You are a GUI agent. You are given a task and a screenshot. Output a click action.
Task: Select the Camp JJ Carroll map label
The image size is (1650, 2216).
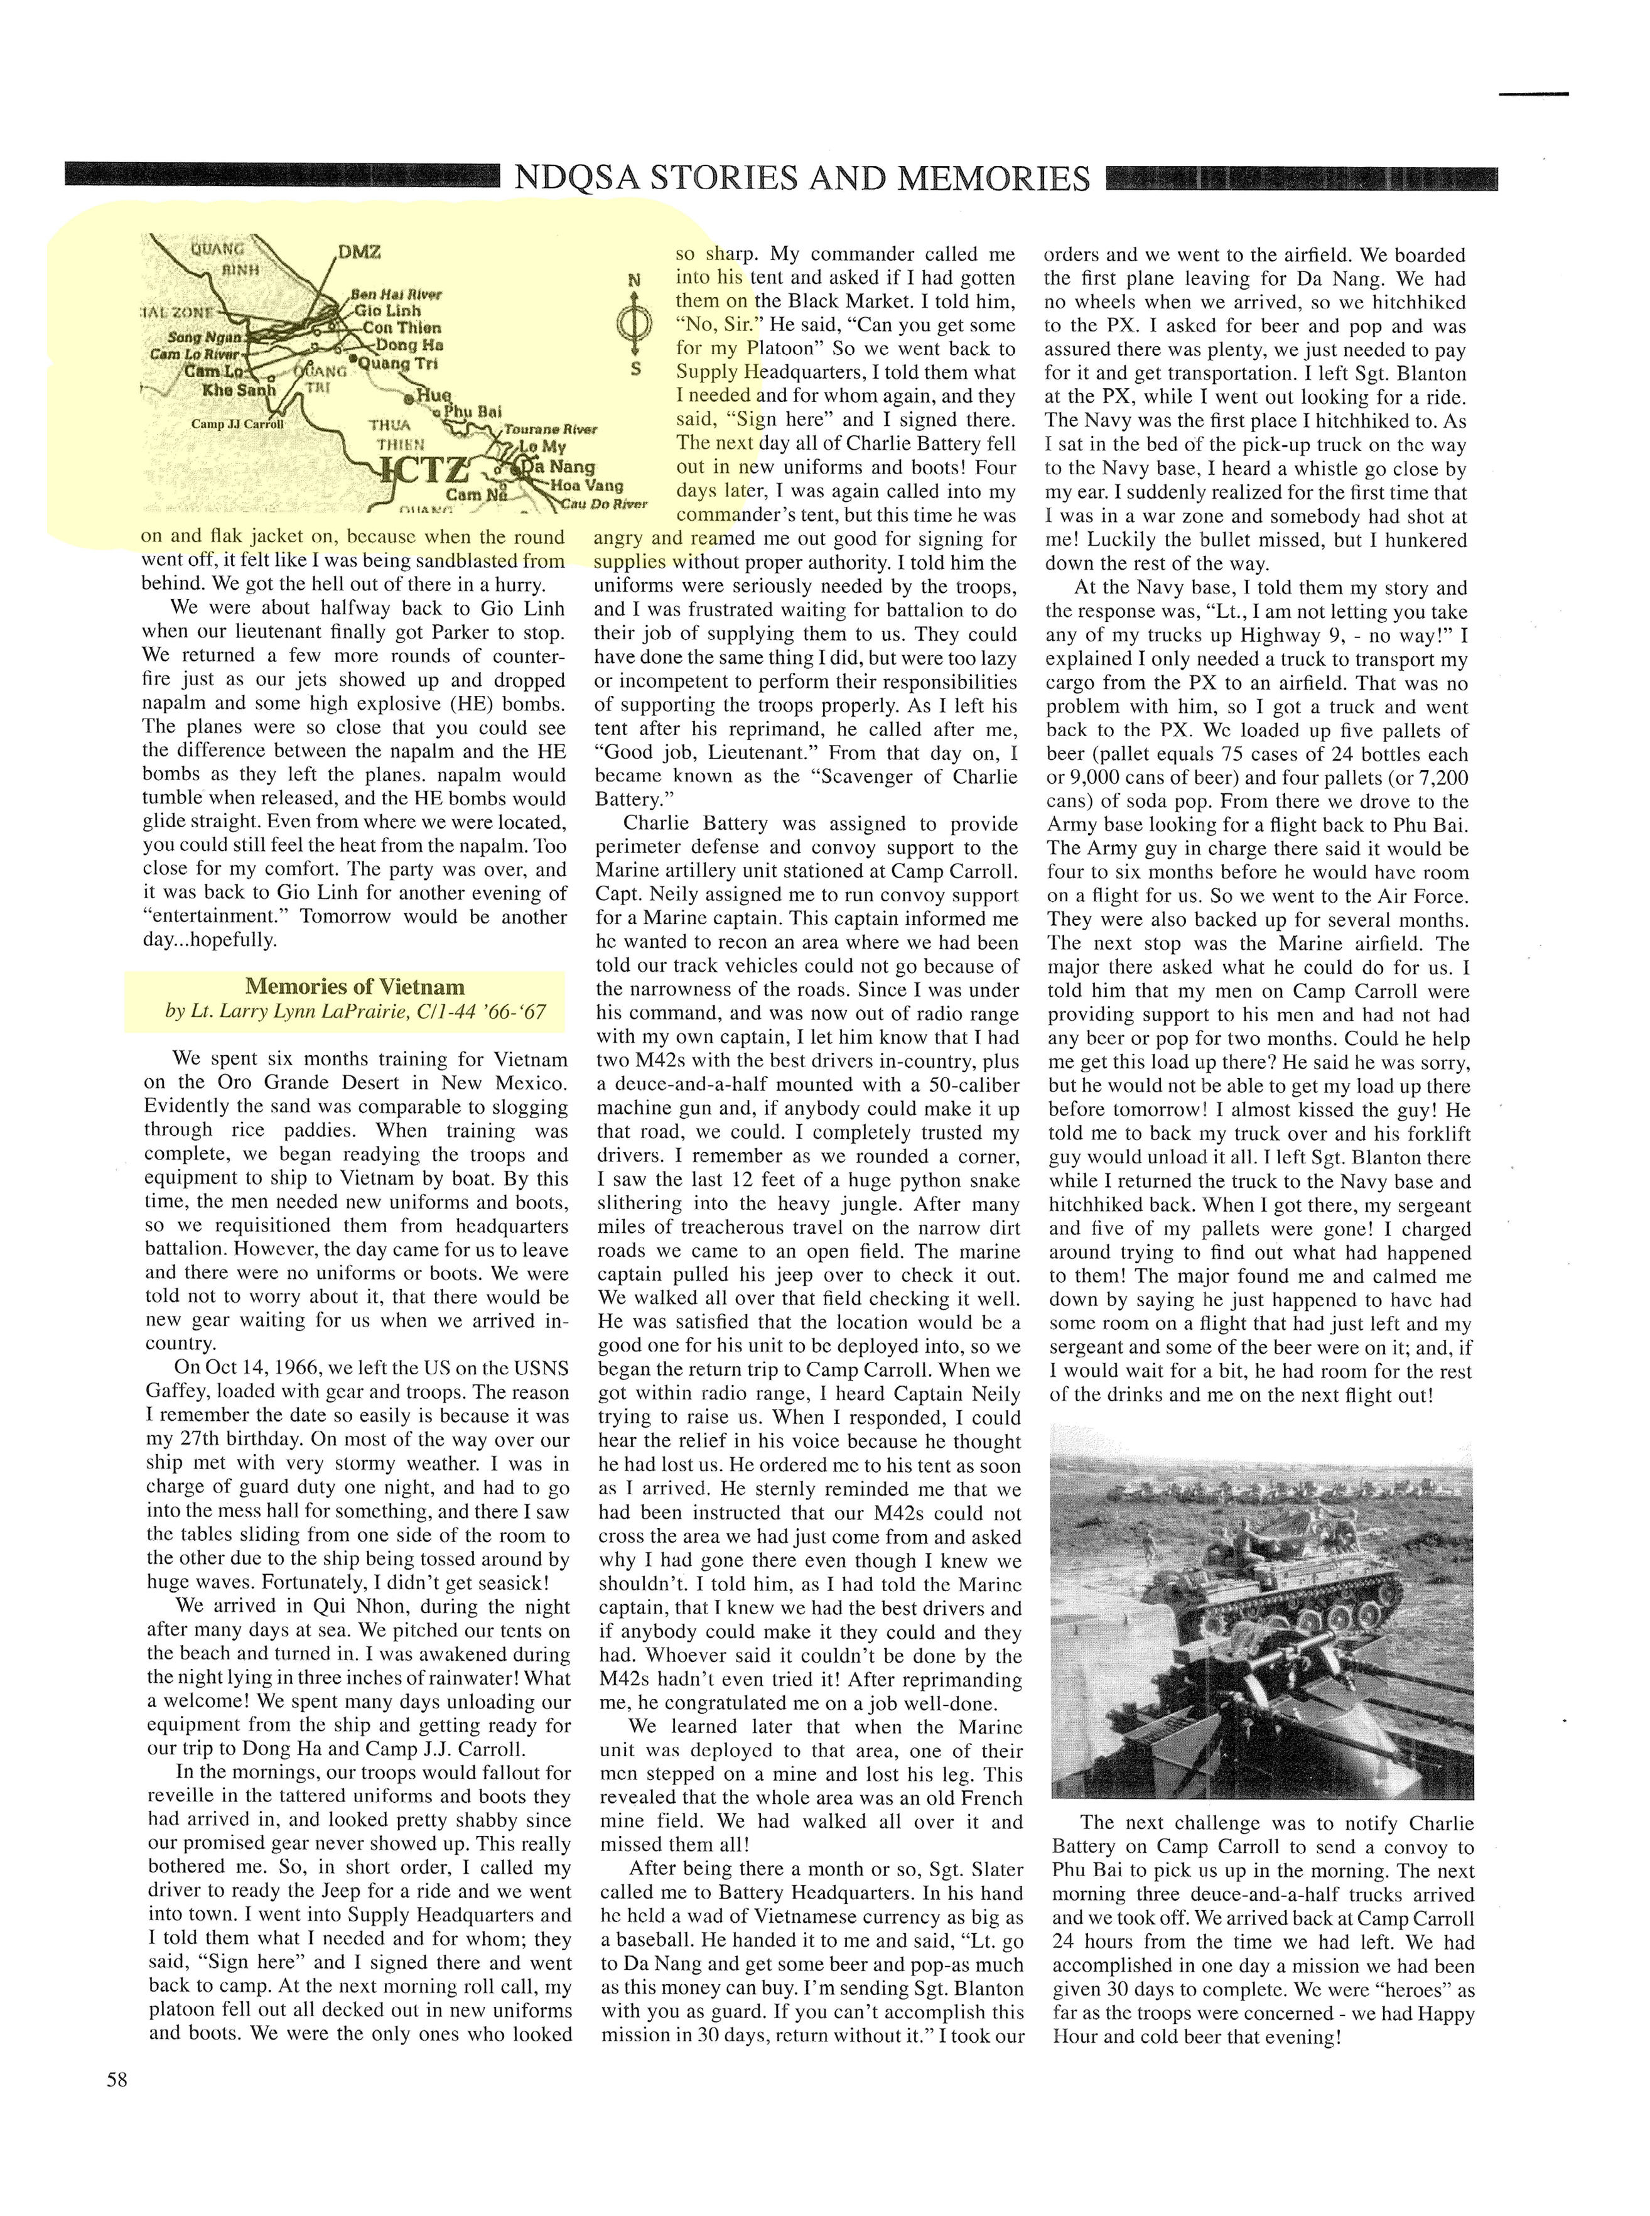tap(238, 423)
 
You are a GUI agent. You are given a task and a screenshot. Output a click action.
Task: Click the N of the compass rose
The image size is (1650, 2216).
tap(634, 281)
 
